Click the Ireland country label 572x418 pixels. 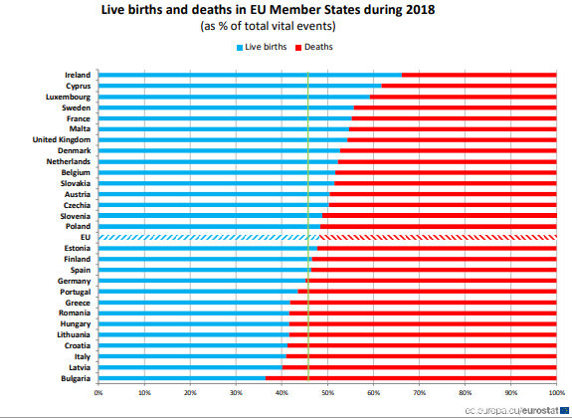click(78, 75)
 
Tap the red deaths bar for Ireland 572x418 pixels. click(478, 75)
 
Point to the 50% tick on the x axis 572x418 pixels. click(327, 393)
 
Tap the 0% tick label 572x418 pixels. click(98, 393)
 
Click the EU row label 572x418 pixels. click(86, 237)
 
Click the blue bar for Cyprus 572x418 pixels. click(239, 86)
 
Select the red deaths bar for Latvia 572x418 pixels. click(419, 367)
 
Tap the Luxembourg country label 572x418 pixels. click(69, 97)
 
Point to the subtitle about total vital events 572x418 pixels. click(286, 27)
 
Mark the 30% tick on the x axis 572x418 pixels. click(236, 393)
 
